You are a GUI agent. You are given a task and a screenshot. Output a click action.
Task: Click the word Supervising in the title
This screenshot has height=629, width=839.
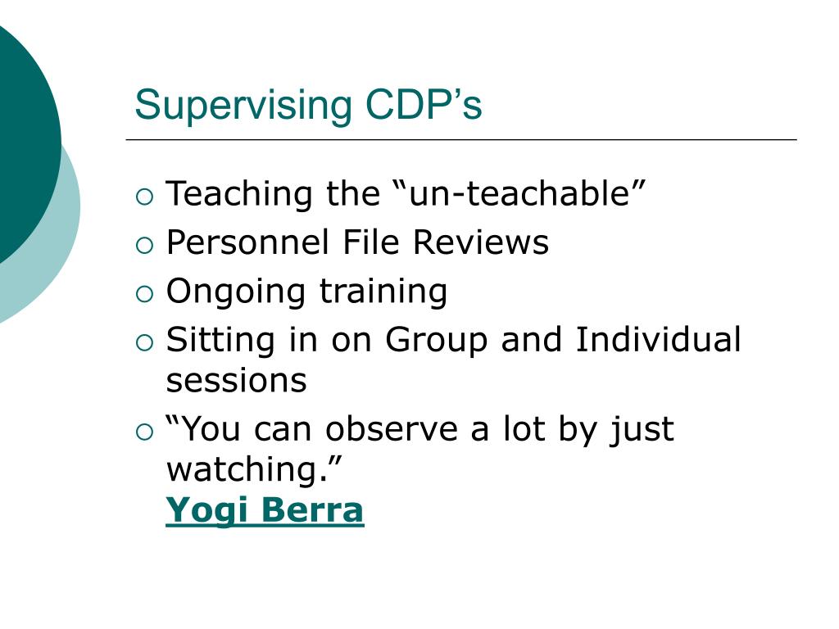pos(243,106)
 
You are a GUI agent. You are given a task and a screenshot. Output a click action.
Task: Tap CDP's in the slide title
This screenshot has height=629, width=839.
pos(424,104)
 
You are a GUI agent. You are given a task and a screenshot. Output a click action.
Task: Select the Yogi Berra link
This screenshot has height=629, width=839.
pos(265,510)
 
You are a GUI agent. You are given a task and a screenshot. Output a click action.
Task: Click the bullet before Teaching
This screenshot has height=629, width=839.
pos(144,197)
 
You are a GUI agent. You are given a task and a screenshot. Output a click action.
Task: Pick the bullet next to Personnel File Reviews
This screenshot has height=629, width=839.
pos(144,246)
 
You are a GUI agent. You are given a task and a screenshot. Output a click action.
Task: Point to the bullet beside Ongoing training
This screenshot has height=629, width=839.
pos(144,294)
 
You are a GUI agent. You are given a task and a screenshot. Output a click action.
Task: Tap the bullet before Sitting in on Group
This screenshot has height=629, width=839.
pos(144,343)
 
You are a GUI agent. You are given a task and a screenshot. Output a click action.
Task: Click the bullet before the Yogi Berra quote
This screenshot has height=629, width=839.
pos(144,432)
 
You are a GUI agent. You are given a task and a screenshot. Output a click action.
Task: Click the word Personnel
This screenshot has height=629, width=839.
pos(247,242)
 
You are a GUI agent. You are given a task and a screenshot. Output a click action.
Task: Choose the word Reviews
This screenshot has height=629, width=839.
pos(480,242)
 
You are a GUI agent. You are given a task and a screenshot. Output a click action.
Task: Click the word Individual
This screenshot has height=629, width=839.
pos(658,339)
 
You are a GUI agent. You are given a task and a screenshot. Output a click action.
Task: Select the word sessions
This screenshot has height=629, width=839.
pos(237,382)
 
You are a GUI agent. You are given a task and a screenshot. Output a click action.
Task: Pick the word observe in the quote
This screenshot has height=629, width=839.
pos(391,428)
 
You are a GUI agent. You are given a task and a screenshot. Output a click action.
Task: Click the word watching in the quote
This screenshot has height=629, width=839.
pos(246,469)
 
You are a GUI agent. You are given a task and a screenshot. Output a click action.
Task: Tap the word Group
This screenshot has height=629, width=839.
pos(437,341)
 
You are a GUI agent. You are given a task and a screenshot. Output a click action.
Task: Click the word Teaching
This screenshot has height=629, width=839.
pos(239,195)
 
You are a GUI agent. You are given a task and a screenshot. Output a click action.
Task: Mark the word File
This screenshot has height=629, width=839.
pos(371,242)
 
